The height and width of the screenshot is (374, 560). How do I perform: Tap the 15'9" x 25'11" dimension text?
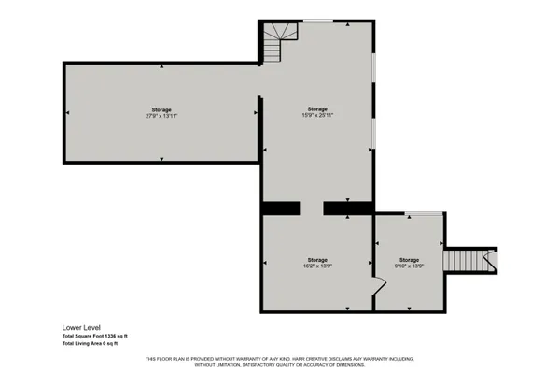(x=317, y=115)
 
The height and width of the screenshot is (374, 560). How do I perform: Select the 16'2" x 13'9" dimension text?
(x=317, y=266)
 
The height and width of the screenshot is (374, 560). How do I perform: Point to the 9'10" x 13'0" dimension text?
(x=410, y=266)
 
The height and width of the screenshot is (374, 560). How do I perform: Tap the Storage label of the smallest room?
(x=410, y=259)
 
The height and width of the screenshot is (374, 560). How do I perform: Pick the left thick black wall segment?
(x=279, y=208)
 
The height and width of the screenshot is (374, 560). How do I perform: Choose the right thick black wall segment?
(x=348, y=208)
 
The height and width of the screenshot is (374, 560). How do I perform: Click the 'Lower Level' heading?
(x=80, y=328)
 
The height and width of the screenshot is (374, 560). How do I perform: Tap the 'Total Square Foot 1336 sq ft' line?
(x=95, y=336)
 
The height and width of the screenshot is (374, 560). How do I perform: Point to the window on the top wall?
(x=317, y=21)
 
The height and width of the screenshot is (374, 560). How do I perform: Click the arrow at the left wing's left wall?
(x=67, y=113)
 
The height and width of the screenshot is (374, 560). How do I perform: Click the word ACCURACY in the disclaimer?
(x=316, y=364)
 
